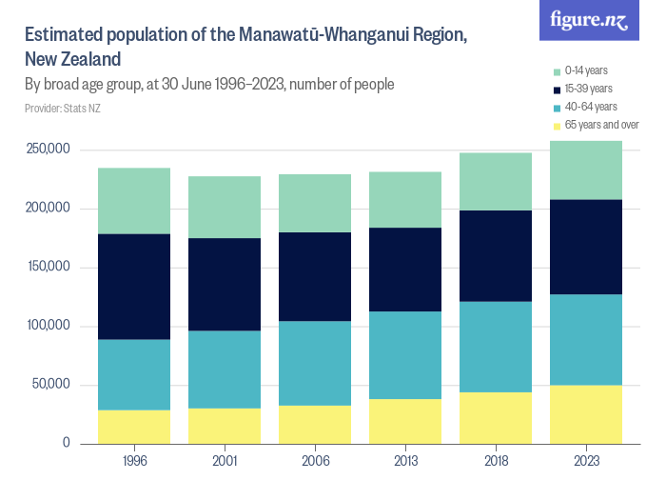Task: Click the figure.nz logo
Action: [589, 20]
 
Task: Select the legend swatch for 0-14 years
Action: [558, 70]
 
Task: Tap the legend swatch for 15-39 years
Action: [558, 89]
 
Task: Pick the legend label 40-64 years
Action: [591, 107]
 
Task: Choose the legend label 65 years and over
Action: [601, 125]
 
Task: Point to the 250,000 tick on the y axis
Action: [49, 150]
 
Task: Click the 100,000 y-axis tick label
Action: [49, 326]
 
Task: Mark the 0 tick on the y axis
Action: [66, 443]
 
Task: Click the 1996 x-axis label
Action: [134, 461]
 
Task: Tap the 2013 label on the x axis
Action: [405, 461]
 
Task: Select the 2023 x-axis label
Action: [586, 461]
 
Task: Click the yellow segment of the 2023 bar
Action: [586, 414]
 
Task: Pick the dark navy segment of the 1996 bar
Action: [134, 287]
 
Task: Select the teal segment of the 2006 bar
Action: [315, 363]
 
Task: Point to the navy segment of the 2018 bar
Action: [496, 256]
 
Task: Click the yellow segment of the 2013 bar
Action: [405, 421]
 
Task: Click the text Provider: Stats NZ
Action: [62, 109]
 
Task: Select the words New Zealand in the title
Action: [72, 59]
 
